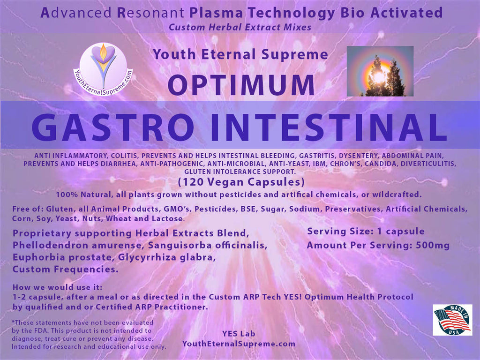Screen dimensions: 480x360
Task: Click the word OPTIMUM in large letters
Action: click(241, 85)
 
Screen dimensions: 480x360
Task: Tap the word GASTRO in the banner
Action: click(113, 127)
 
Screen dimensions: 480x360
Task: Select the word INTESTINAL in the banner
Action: click(328, 127)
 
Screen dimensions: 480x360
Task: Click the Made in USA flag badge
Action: click(452, 320)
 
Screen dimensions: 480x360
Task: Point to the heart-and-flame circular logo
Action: click(103, 69)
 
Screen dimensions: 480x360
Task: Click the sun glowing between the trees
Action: click(379, 76)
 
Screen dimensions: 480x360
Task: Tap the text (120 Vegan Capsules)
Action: click(241, 182)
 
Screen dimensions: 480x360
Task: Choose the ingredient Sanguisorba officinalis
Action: click(208, 245)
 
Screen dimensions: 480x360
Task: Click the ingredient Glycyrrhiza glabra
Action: click(167, 257)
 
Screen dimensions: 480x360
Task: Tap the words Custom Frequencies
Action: click(65, 270)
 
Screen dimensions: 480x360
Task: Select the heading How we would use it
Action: click(58, 287)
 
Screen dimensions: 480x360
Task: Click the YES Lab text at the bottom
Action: click(239, 334)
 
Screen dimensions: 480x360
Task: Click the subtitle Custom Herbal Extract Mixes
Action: click(240, 27)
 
